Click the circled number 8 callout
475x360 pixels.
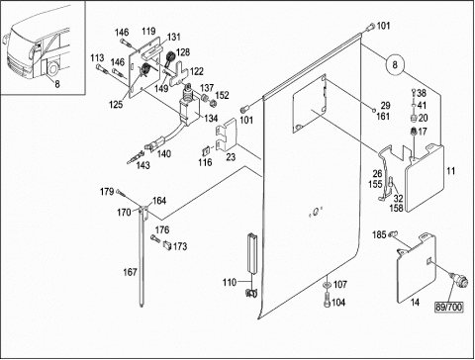point(395,64)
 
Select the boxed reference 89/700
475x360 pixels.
point(449,308)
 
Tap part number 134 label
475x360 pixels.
point(211,118)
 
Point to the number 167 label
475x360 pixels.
point(130,272)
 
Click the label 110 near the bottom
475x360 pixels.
point(230,282)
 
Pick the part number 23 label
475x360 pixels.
point(231,156)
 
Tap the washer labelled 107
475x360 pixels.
point(327,284)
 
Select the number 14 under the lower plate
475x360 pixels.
point(415,302)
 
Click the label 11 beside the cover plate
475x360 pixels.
point(450,171)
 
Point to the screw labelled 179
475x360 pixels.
point(121,193)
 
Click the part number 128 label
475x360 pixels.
point(183,52)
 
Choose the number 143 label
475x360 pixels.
point(142,165)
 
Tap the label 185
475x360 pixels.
point(379,234)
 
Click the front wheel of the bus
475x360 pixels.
point(52,68)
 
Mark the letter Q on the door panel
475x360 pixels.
point(316,213)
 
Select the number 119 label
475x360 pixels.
point(148,32)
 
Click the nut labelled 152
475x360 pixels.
point(213,104)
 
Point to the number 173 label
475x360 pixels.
point(180,246)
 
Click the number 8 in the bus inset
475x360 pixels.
point(57,84)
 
